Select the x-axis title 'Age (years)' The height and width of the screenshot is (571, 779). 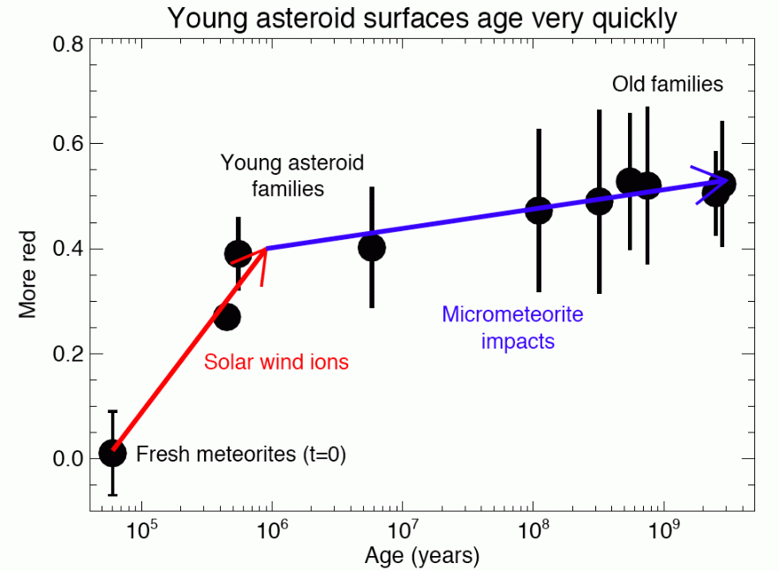coord(422,555)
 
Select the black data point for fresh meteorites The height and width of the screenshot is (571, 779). coord(112,454)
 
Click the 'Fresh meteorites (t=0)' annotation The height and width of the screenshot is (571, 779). coord(240,455)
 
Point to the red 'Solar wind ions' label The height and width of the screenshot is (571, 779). coord(276,361)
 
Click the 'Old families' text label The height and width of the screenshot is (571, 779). coord(668,85)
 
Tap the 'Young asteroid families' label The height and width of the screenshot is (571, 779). coord(292,176)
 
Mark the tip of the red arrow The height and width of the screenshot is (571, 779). coord(267,249)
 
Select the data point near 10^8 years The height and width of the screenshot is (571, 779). coord(539,210)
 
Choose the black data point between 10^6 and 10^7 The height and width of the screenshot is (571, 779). coord(372,247)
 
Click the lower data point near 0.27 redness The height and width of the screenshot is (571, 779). coord(227,317)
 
